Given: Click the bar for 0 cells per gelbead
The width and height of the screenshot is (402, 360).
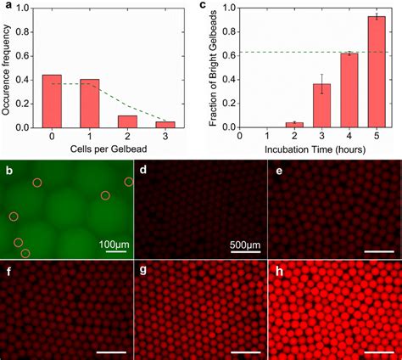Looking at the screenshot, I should point(52,101).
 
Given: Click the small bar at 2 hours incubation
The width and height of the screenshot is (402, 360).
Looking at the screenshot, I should point(294,125).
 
